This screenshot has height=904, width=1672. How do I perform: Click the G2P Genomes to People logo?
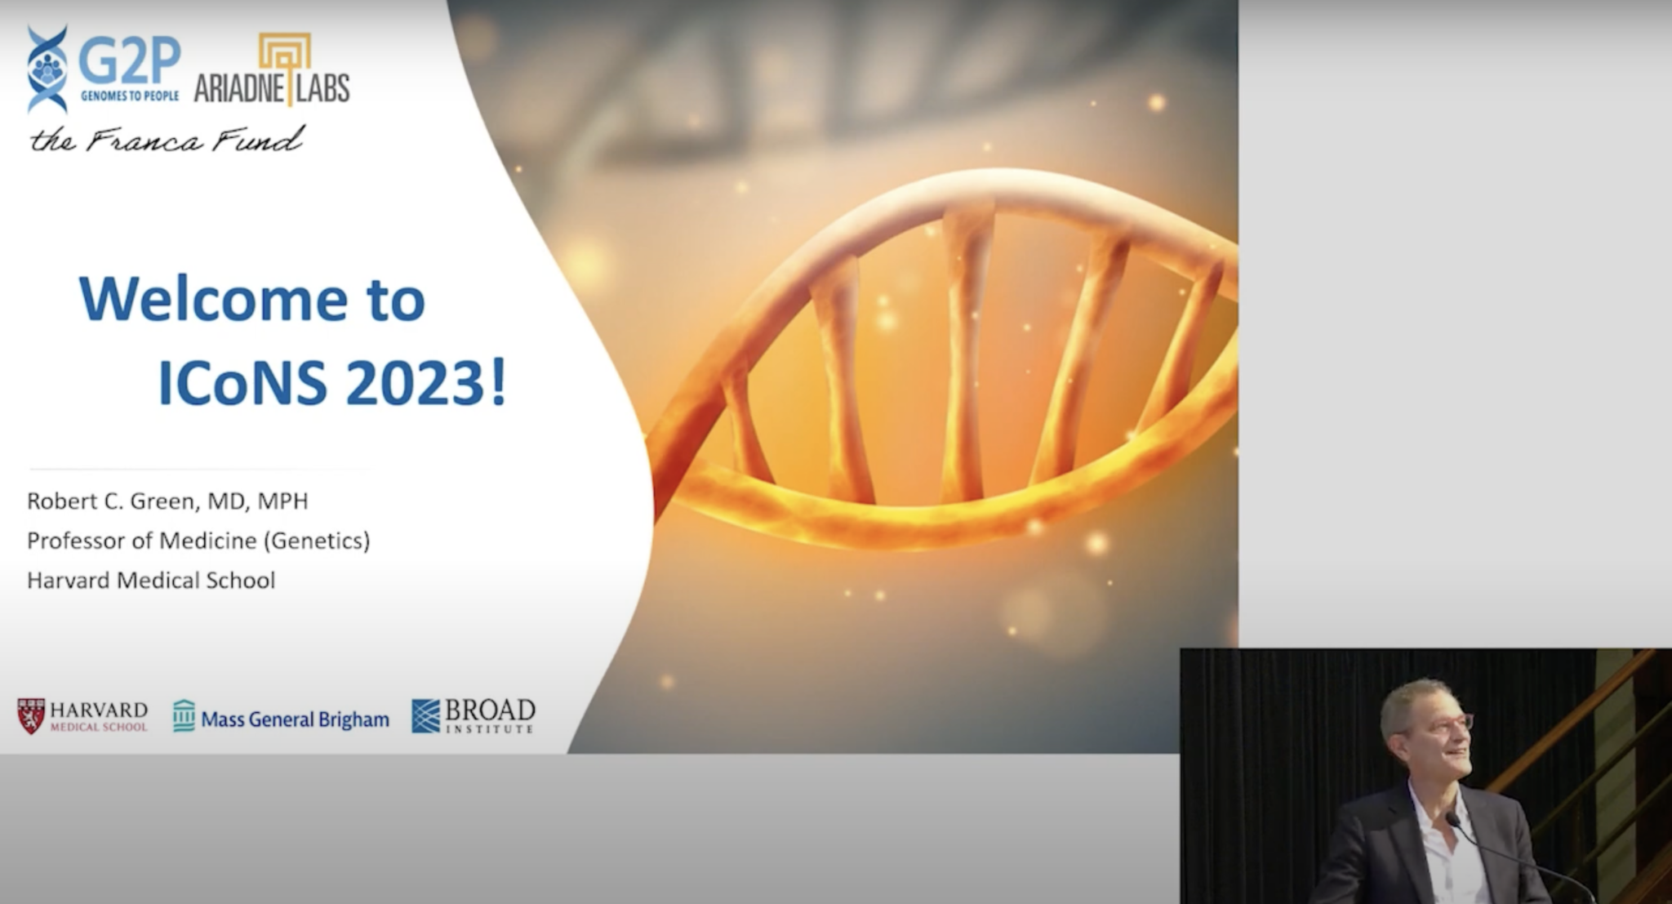(x=104, y=69)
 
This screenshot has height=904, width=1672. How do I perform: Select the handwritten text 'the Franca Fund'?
(x=167, y=140)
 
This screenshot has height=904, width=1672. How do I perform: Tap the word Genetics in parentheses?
(x=318, y=541)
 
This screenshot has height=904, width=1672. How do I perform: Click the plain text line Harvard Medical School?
(x=151, y=581)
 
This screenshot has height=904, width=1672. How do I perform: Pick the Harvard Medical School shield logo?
(x=31, y=716)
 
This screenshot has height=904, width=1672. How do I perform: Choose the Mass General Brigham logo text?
(x=295, y=719)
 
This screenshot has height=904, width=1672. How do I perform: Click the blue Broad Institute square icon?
(x=425, y=716)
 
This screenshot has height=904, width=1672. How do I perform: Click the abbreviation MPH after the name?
(x=283, y=501)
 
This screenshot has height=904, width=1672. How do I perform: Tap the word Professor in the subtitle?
(x=78, y=541)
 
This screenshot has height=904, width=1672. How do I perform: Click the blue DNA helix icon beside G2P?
(x=47, y=69)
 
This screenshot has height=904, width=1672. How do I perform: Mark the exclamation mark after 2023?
(x=499, y=383)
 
